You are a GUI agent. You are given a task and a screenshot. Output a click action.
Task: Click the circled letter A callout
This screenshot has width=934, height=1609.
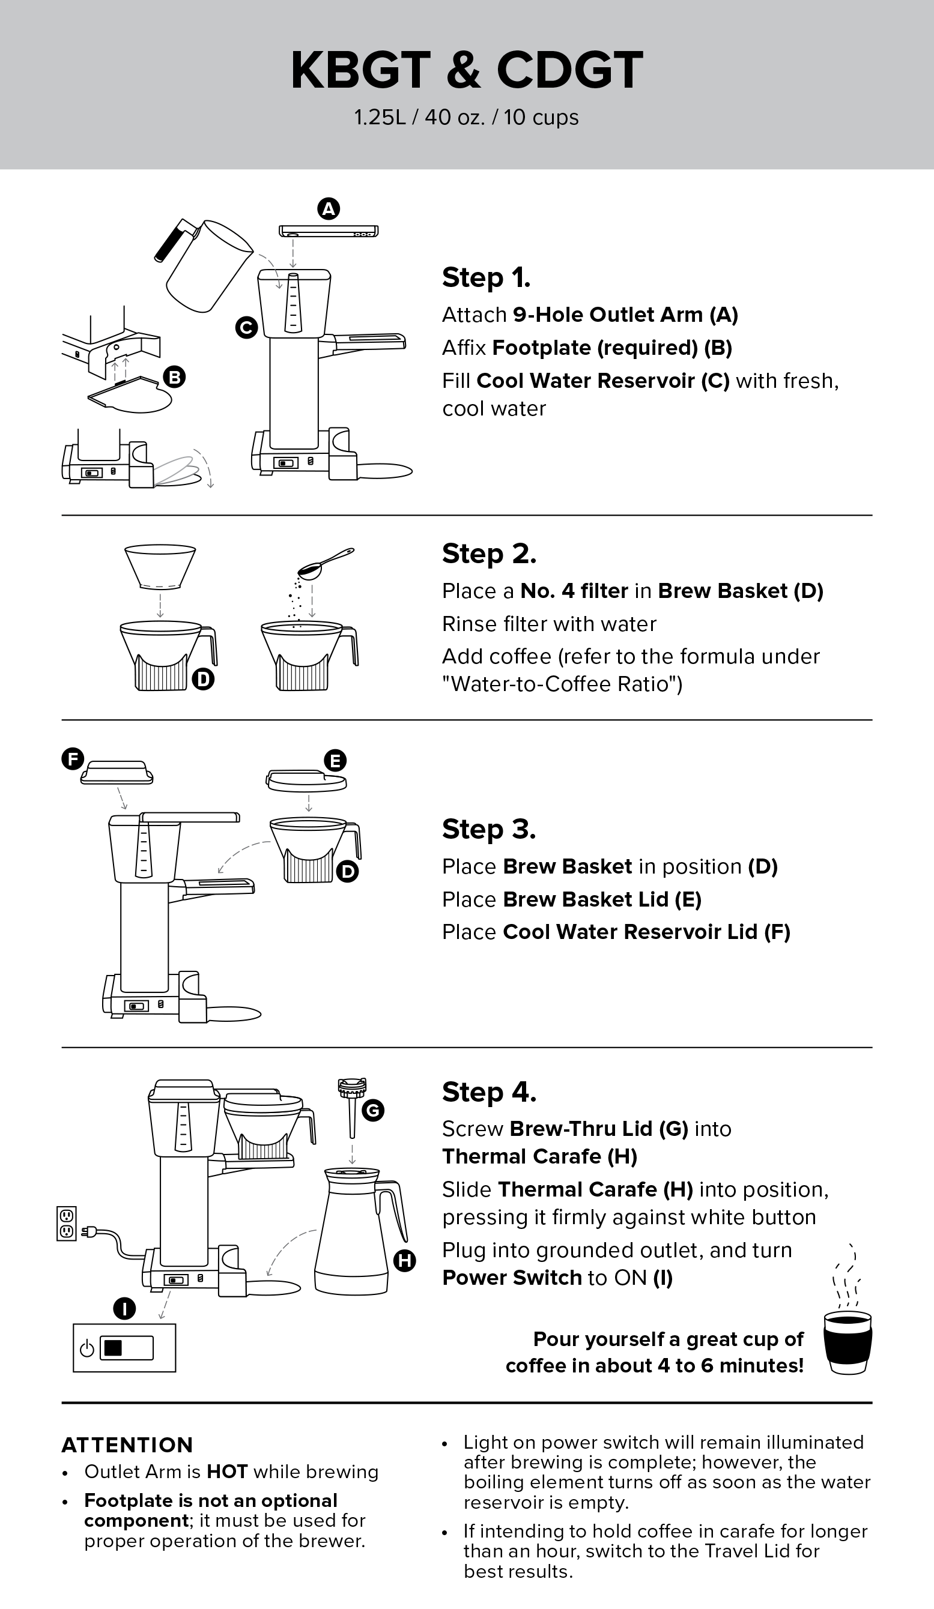pos(329,209)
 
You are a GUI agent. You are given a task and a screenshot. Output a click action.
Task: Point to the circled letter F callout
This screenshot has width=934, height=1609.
pos(73,759)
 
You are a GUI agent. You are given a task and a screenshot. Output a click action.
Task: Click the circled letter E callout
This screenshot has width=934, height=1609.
pos(335,761)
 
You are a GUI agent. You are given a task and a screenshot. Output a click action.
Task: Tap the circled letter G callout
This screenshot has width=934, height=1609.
pos(373,1110)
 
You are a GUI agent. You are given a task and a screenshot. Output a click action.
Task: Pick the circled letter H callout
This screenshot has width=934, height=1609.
pos(404,1260)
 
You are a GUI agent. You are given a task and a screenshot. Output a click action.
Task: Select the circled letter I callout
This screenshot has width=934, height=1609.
pos(124,1309)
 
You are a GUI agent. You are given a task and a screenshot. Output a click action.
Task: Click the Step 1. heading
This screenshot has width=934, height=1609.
pos(486,278)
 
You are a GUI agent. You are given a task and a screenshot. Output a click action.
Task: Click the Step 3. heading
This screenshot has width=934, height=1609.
pos(489,829)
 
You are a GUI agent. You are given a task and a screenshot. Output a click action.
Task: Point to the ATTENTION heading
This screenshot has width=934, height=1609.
pos(127,1445)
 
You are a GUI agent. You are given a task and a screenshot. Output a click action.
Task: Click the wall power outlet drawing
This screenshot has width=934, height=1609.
pos(67,1223)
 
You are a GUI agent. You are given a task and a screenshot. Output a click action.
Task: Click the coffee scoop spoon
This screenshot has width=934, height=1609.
pos(326,563)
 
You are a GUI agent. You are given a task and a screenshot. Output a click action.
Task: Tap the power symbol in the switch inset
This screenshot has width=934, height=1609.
pos(87,1348)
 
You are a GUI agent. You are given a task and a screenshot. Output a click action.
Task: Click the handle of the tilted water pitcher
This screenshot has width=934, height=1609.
pos(173,240)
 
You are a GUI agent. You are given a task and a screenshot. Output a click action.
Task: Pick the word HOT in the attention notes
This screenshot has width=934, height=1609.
pos(227,1472)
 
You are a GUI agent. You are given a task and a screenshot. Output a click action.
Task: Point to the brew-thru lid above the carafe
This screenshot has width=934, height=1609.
pos(352,1108)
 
